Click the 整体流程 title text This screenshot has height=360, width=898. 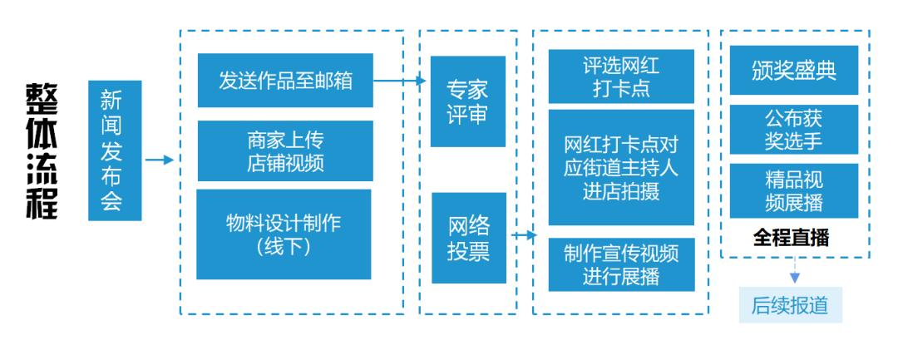click(41, 150)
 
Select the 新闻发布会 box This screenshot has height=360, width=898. click(115, 150)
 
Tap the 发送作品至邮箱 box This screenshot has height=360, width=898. click(285, 81)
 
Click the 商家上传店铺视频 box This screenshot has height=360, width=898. click(285, 150)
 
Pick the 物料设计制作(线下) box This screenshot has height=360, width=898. click(285, 234)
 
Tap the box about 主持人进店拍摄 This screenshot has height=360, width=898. click(621, 167)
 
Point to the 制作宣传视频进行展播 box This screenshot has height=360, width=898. click(621, 264)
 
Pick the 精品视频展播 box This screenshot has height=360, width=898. click(794, 190)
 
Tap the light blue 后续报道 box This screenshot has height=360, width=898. click(791, 304)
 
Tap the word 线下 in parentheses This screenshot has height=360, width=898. click(285, 247)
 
